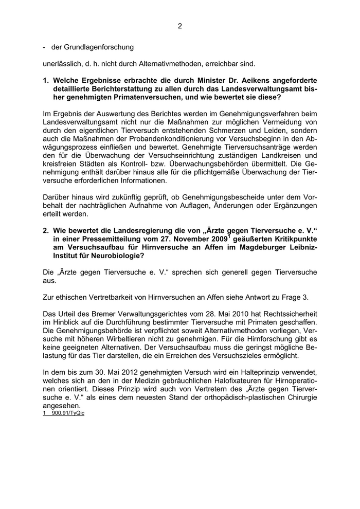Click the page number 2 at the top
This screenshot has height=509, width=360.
click(x=179, y=26)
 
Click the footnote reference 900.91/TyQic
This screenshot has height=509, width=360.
click(x=67, y=413)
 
